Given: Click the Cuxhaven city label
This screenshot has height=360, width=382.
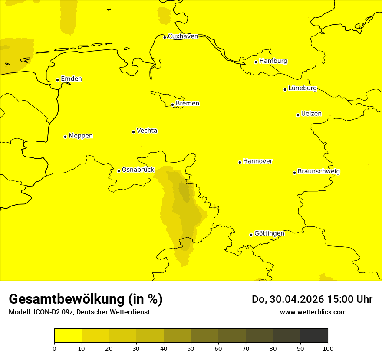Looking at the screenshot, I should (183, 36).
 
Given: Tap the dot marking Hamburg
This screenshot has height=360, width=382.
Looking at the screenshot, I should (256, 62).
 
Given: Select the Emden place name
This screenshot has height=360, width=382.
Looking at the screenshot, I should (71, 79).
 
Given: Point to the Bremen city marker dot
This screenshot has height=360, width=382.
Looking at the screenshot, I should (172, 105).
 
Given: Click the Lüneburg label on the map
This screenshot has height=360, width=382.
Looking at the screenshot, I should (302, 88).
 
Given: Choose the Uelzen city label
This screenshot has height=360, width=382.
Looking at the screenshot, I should (311, 114).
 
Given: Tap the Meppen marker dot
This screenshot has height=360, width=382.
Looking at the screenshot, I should (65, 137).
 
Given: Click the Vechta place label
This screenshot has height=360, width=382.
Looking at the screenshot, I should (147, 131).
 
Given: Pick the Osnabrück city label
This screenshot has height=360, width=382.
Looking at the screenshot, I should (138, 170).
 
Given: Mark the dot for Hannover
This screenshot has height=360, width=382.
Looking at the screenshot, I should (240, 162).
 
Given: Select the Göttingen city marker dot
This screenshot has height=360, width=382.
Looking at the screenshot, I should (251, 235).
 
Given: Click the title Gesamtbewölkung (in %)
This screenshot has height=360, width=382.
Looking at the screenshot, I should (86, 299).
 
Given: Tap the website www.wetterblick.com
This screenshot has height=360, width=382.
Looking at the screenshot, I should (313, 312).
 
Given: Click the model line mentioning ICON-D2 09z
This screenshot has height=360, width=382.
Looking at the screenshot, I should (79, 312).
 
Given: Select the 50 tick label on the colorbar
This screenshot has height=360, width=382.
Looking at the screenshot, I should (191, 348).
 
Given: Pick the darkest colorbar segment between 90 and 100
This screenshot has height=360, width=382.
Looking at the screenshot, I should (314, 336).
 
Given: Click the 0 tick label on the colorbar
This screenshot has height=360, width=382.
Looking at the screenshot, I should (54, 348).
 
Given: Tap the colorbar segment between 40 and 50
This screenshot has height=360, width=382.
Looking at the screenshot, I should (177, 336).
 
